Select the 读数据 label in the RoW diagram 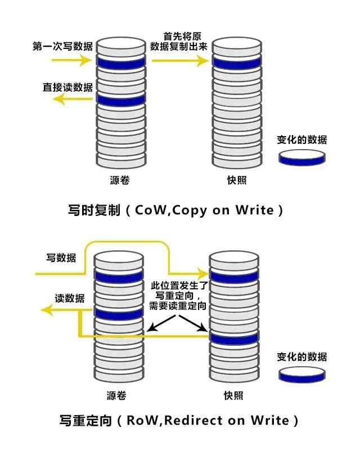(70, 298)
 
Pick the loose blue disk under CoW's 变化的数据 (301, 158)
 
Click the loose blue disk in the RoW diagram (302, 373)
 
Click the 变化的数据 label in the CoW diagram (301, 140)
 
